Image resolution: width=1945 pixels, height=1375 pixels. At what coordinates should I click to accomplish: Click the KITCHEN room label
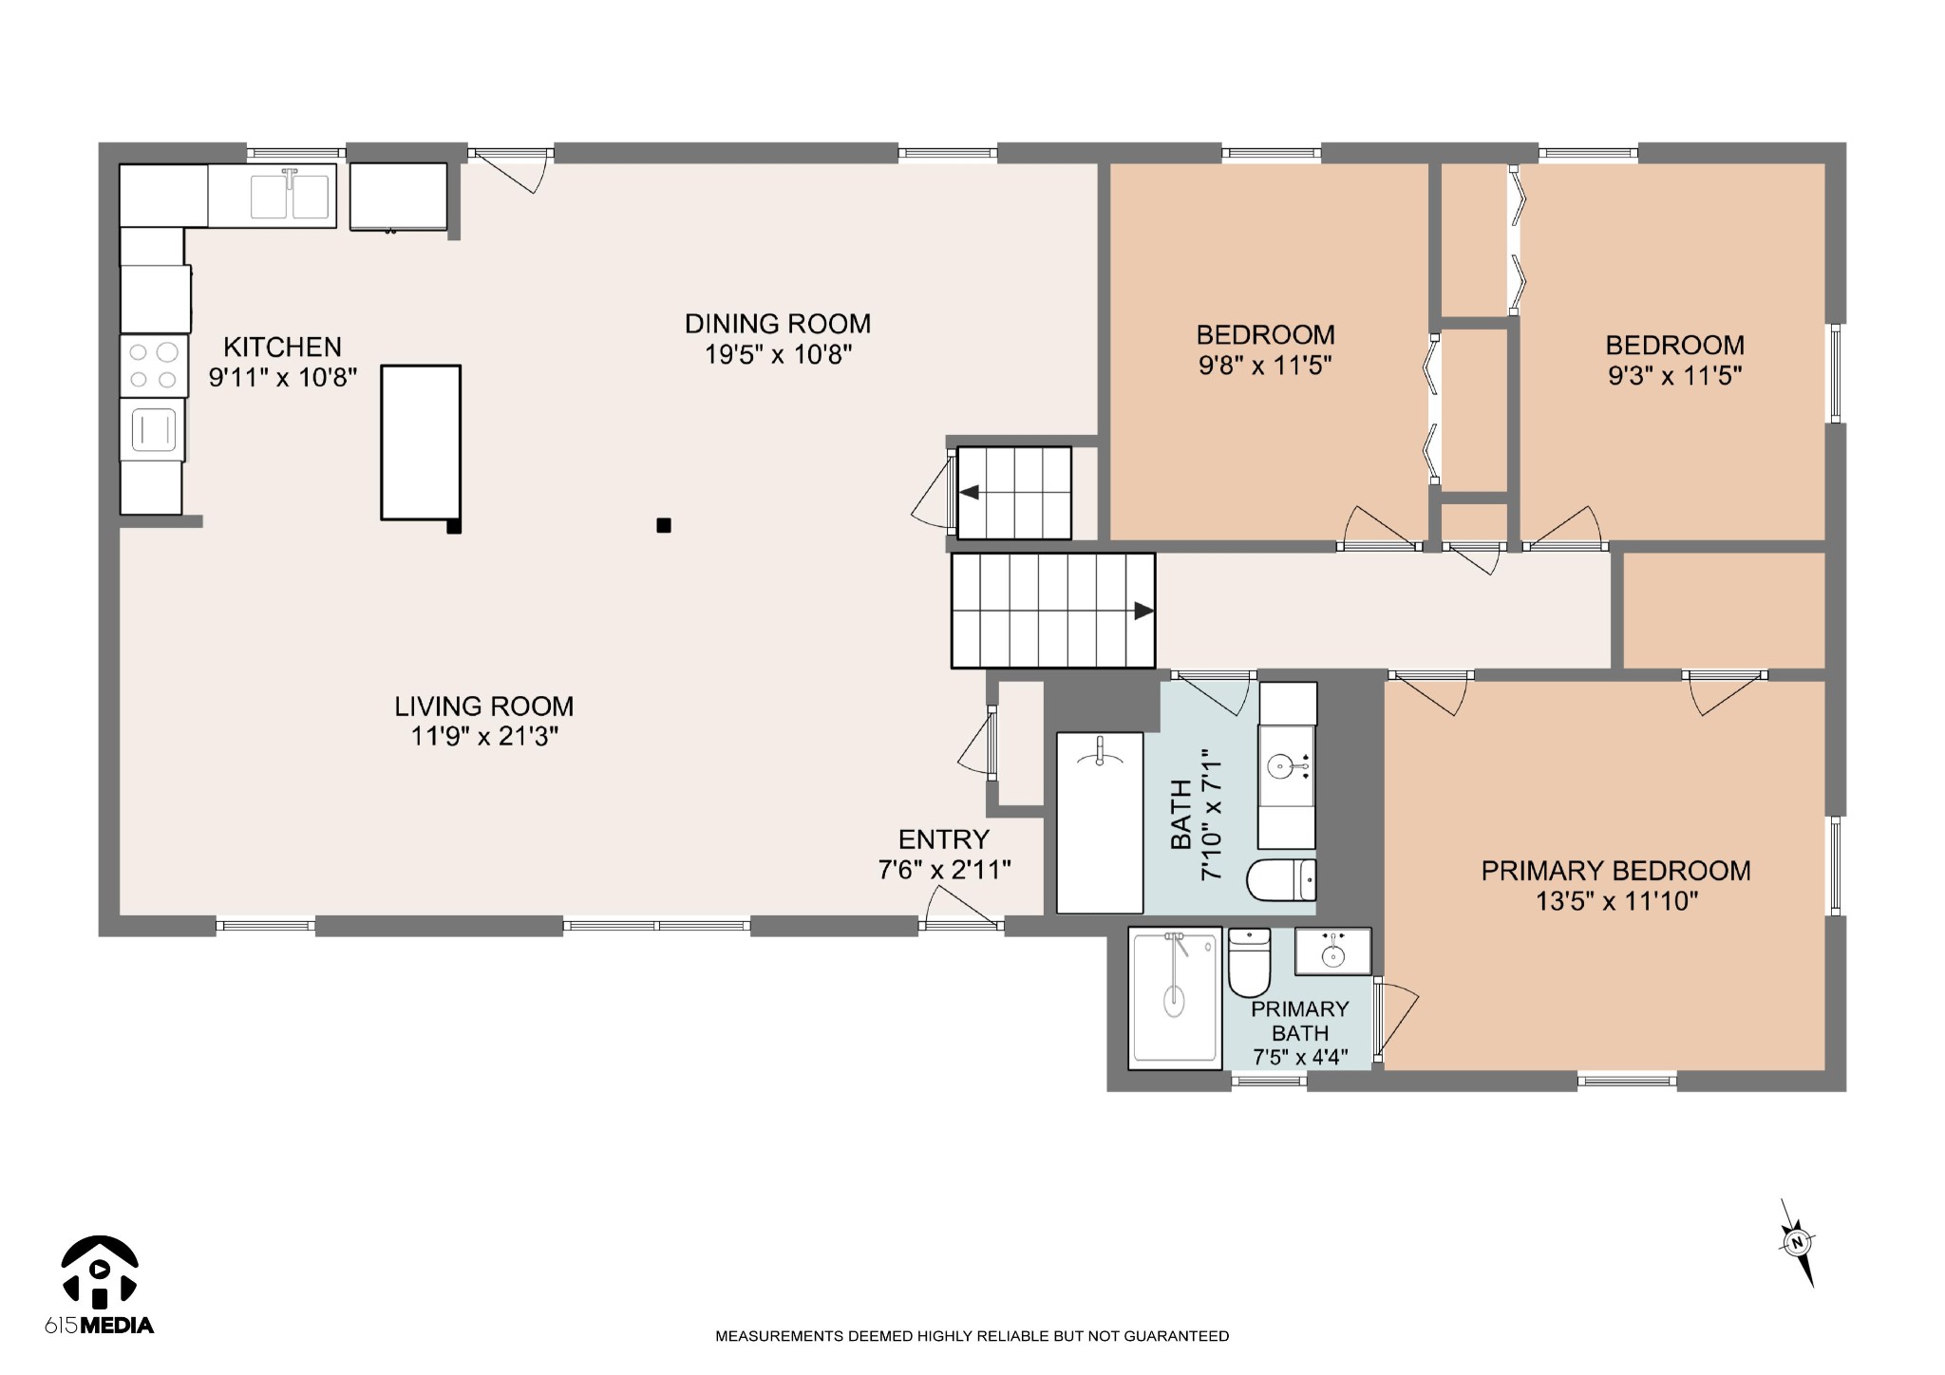pyautogui.click(x=282, y=347)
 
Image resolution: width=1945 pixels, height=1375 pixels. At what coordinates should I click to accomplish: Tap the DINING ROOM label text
pyautogui.click(x=778, y=324)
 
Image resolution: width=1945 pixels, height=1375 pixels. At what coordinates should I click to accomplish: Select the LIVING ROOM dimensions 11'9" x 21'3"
pyautogui.click(x=484, y=736)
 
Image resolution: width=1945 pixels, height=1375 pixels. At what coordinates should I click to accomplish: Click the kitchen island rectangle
pyautogui.click(x=421, y=443)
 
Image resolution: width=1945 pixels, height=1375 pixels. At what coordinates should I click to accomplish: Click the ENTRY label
pyautogui.click(x=944, y=839)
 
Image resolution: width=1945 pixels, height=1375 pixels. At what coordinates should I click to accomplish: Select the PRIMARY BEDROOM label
pyautogui.click(x=1616, y=871)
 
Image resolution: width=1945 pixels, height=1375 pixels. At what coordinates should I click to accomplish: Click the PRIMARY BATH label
pyautogui.click(x=1300, y=1021)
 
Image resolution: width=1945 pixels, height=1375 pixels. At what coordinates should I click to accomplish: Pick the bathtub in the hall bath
pyautogui.click(x=1100, y=822)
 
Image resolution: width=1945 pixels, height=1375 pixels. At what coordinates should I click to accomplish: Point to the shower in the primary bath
pyautogui.click(x=1175, y=998)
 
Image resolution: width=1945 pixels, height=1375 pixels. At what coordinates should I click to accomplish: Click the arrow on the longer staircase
pyautogui.click(x=1144, y=611)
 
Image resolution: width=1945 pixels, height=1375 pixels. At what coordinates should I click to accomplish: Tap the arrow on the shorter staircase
pyautogui.click(x=969, y=492)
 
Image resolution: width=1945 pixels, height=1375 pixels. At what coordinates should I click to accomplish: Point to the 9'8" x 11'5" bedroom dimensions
pyautogui.click(x=1265, y=366)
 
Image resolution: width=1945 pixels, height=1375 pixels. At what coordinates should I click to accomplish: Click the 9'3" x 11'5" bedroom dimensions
pyautogui.click(x=1674, y=376)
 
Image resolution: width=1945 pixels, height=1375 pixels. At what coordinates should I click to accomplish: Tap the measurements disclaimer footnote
pyautogui.click(x=972, y=1336)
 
